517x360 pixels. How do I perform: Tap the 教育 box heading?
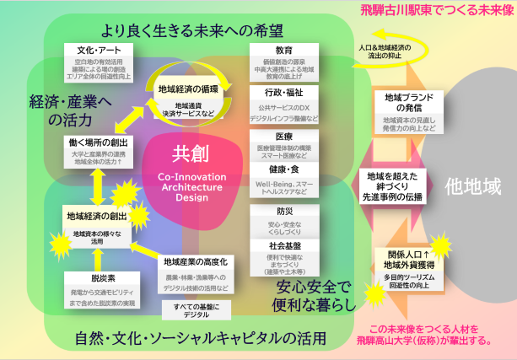[x=284, y=50]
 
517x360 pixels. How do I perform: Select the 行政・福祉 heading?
[x=284, y=91]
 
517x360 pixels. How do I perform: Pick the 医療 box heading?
[x=284, y=135]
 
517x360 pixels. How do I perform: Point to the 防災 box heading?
[x=284, y=212]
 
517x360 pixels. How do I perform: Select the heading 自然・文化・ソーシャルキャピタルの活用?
[x=186, y=339]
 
